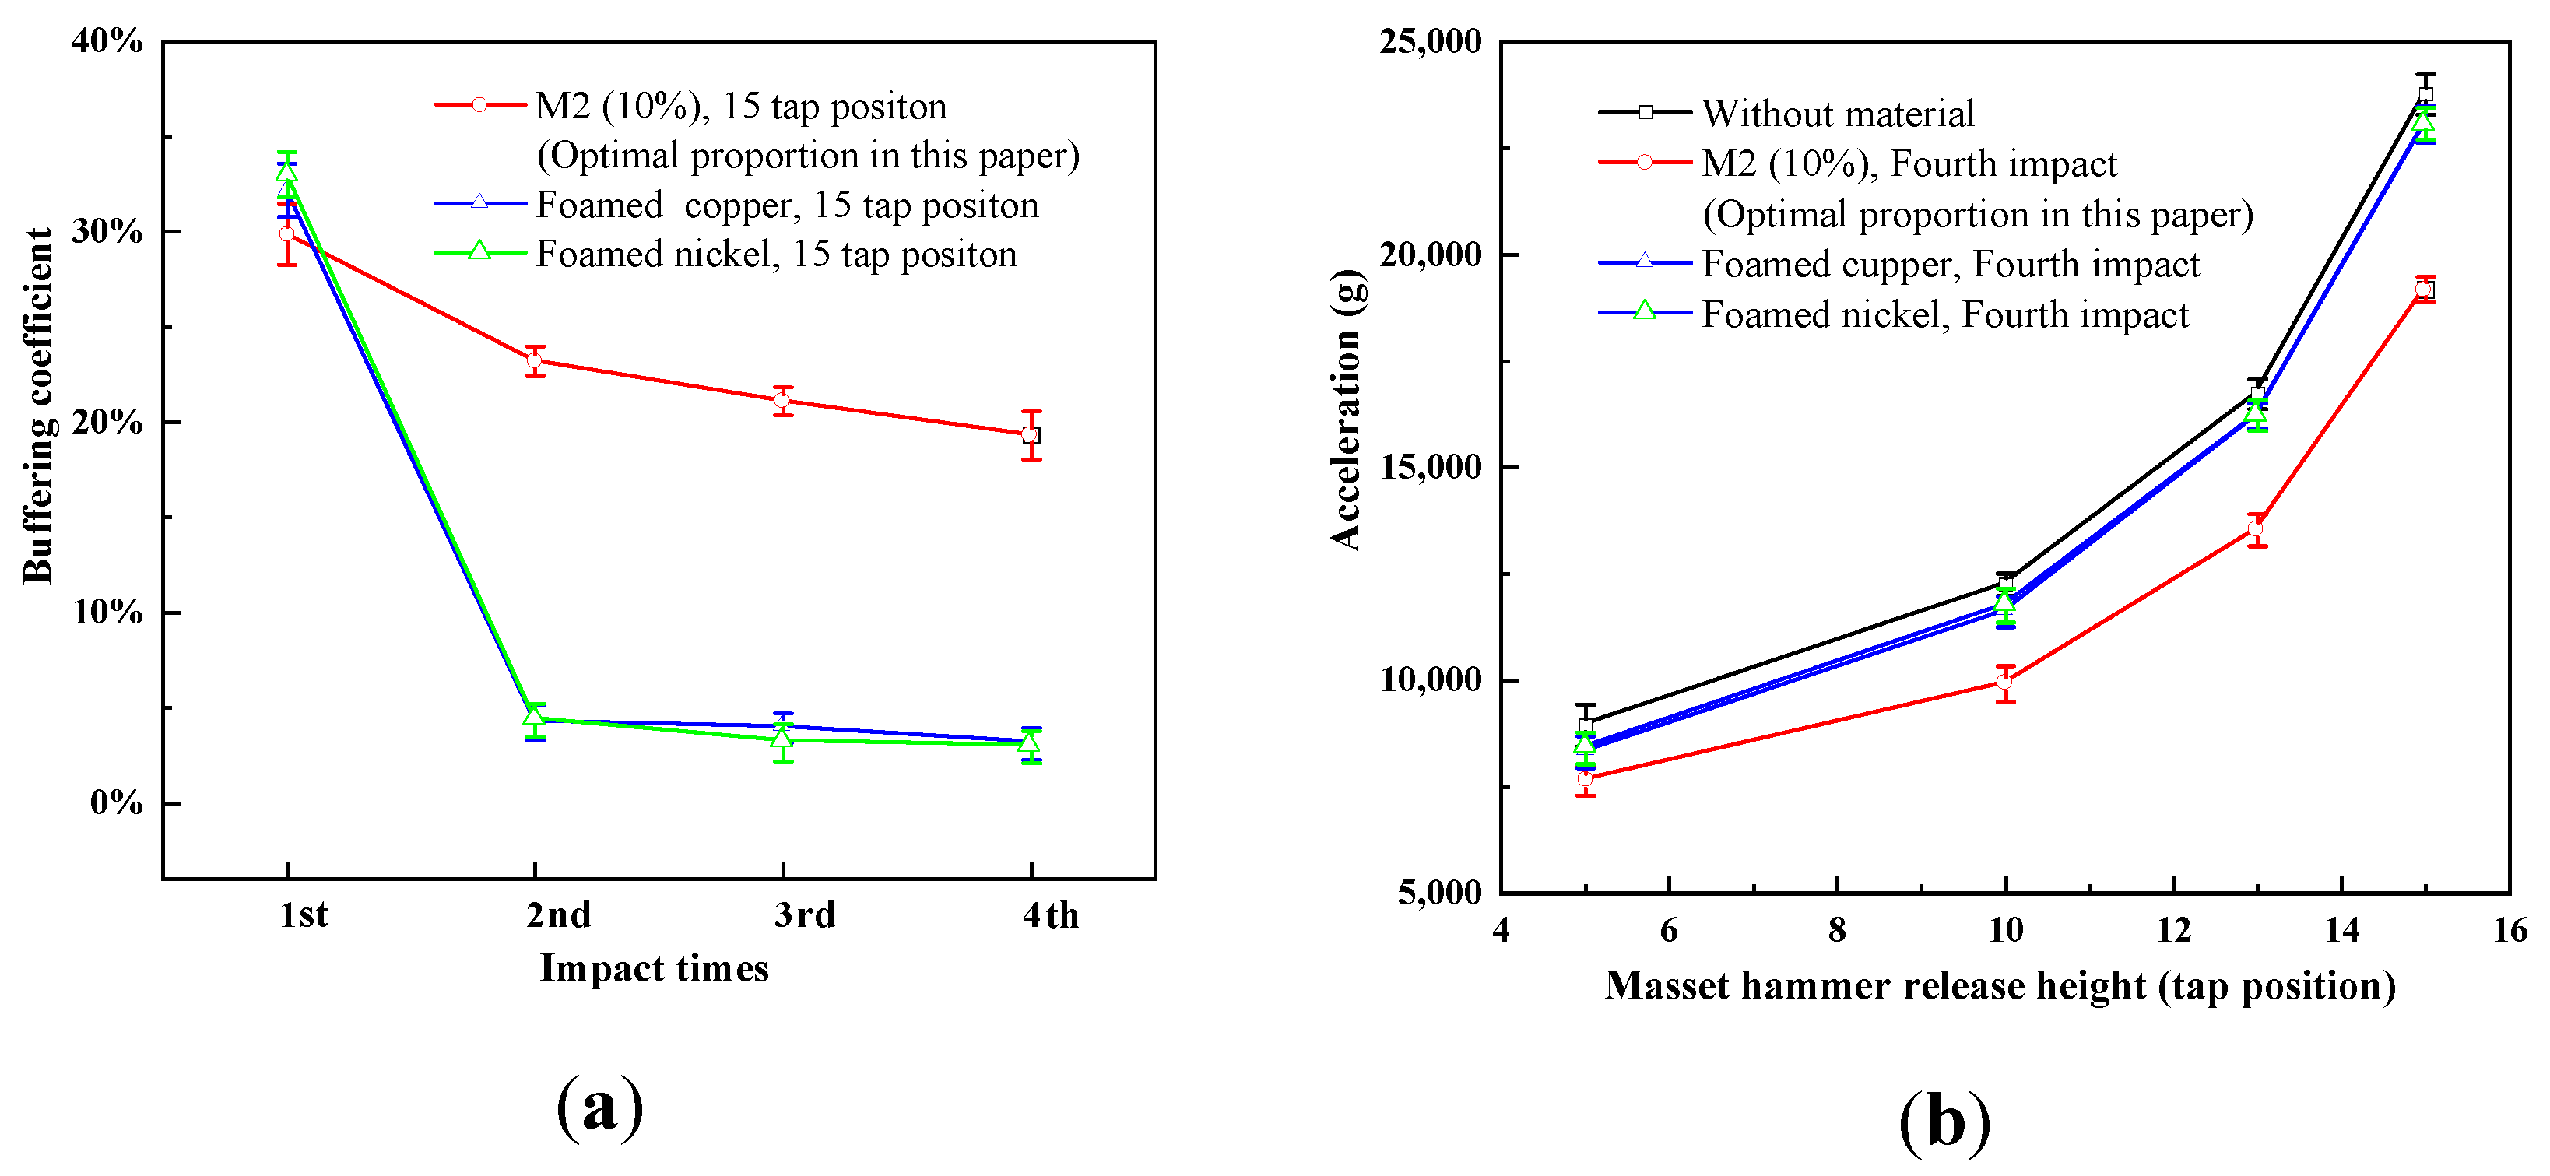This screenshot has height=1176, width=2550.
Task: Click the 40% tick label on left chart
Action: pos(107,41)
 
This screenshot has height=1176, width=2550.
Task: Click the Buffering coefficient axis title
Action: pos(37,405)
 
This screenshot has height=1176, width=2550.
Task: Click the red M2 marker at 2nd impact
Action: pos(535,360)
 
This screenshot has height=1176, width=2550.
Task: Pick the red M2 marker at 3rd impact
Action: pos(782,401)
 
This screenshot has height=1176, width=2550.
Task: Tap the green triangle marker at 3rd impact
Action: pos(782,738)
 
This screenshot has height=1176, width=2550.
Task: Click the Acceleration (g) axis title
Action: pos(1347,409)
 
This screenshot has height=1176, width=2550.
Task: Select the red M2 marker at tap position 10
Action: pos(2004,682)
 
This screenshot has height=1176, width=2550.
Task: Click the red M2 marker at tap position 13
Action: pos(2256,529)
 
